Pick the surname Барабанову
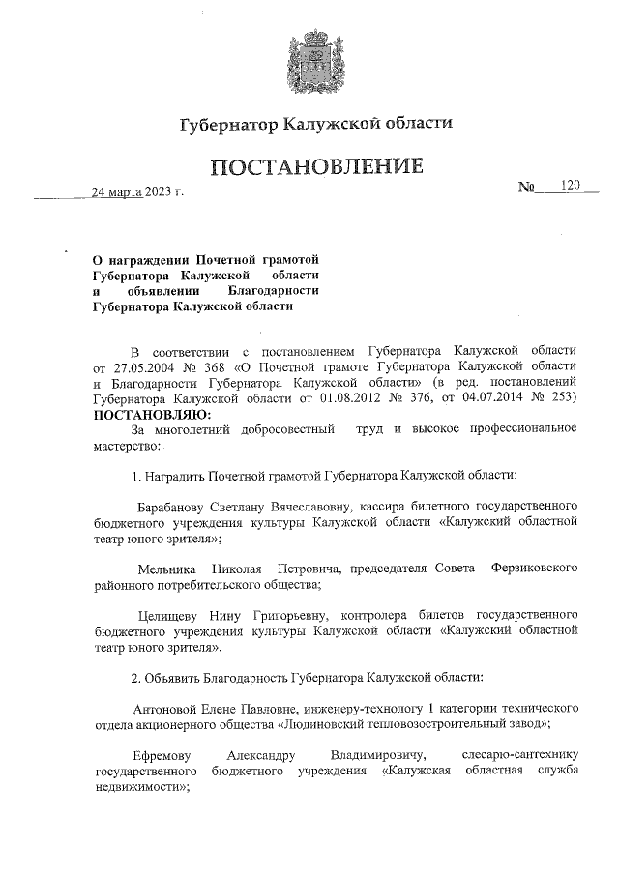pyautogui.click(x=174, y=506)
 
